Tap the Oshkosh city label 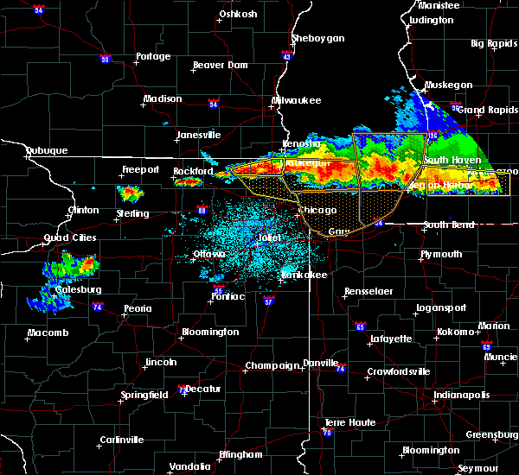(x=239, y=13)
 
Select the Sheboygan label (x=317, y=38)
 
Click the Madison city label (x=163, y=98)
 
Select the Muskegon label (x=448, y=85)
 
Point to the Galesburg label (x=74, y=289)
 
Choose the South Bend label (x=447, y=225)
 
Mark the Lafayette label (x=390, y=339)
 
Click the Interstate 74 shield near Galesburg (x=99, y=307)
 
